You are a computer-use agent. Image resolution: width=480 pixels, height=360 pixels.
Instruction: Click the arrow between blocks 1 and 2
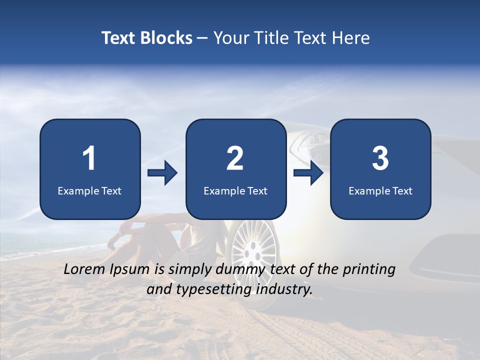162,173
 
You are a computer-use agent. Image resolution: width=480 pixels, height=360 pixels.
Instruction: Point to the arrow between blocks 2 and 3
308,173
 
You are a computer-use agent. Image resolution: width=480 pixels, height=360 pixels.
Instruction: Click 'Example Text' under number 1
89,190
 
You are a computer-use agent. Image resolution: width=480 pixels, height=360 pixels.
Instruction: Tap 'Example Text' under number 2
235,190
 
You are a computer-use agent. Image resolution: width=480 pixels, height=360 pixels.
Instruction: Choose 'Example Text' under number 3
380,190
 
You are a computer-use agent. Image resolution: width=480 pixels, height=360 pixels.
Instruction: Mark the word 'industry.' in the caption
285,289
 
